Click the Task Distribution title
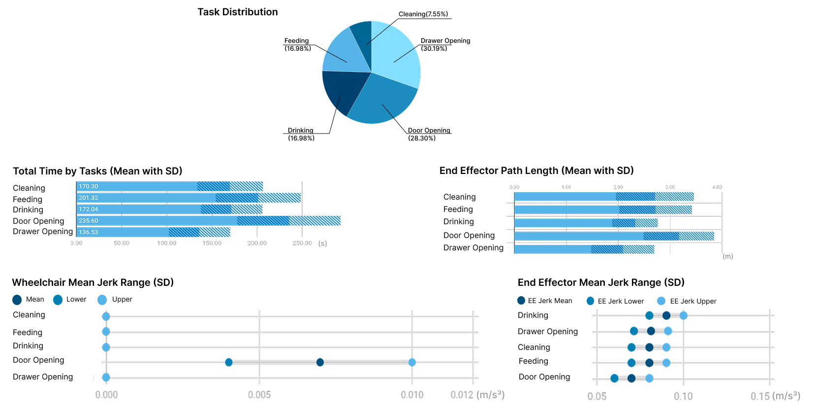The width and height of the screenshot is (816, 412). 238,12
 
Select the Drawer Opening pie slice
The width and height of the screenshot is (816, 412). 396,54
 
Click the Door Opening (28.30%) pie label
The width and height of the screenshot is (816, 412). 429,134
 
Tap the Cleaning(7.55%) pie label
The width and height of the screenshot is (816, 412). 423,14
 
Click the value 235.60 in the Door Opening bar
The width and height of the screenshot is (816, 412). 89,221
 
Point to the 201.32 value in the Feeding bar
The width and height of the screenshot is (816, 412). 89,198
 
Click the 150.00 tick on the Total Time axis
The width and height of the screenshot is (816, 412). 212,243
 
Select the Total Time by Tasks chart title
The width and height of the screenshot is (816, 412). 97,171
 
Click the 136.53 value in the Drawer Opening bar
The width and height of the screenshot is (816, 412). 89,232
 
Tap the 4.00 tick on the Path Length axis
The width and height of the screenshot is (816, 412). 717,187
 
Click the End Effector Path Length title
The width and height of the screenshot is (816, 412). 536,171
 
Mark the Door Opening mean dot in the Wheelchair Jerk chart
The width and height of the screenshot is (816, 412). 320,362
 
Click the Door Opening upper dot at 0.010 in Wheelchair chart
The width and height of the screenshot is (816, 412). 412,362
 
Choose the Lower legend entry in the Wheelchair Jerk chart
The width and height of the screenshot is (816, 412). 70,300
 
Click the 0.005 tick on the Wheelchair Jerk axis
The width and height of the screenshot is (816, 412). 259,395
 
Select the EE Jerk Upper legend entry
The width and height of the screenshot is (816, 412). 687,301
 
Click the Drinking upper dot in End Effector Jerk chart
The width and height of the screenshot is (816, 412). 683,315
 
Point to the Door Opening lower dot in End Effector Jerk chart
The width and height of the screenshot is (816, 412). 614,378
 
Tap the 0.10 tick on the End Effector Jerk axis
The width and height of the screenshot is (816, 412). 683,396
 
